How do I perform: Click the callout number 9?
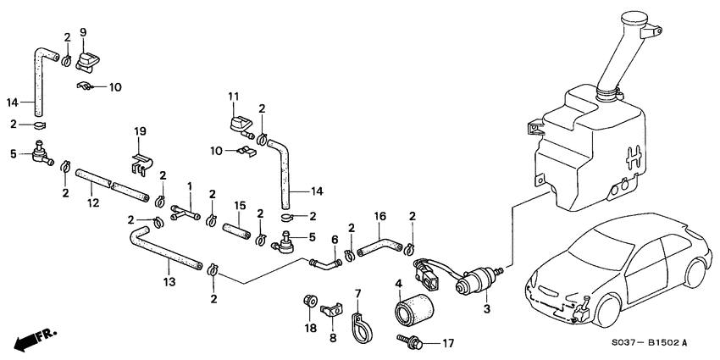83,32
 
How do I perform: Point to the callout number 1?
191,186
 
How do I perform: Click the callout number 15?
240,205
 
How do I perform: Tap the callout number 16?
379,217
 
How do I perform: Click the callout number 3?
486,311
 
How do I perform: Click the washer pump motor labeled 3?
474,283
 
